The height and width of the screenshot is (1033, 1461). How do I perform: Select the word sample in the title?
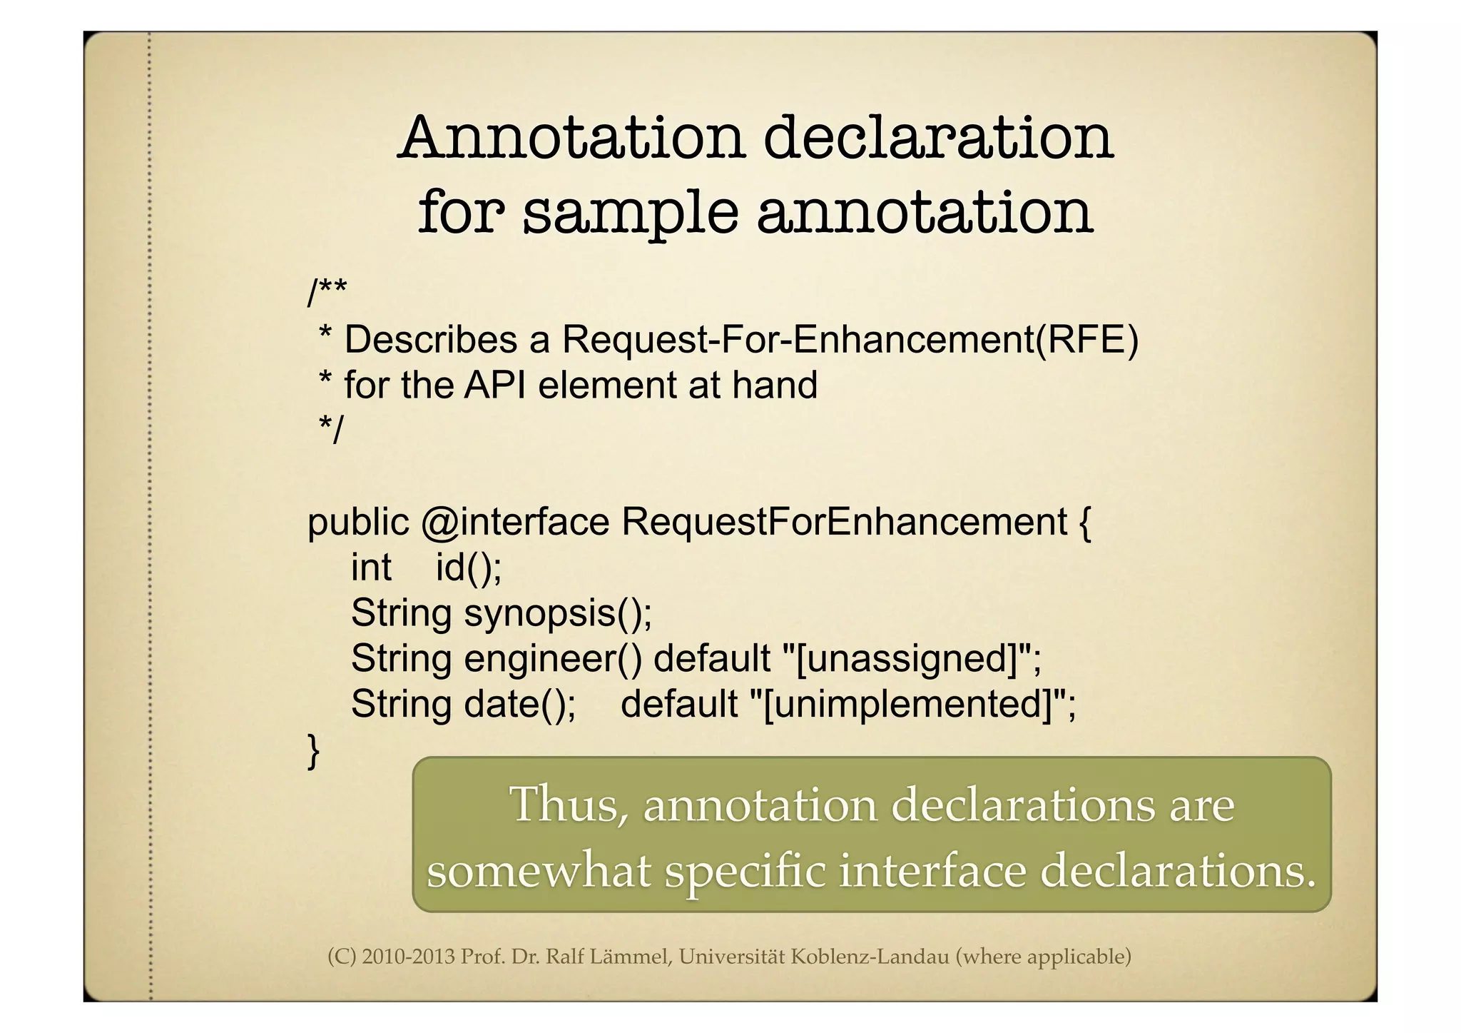[631, 213]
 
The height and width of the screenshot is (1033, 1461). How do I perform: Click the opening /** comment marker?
[327, 291]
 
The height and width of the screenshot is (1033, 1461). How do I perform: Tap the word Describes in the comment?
[431, 339]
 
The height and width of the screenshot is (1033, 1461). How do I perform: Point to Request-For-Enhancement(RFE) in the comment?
[850, 339]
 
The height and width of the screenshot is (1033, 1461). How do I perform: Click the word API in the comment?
[495, 385]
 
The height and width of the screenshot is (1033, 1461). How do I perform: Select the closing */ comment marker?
[331, 430]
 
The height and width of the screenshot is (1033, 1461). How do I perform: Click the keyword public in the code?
[358, 522]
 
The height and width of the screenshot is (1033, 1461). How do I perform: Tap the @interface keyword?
[515, 522]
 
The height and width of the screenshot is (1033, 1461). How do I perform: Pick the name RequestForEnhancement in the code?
[844, 522]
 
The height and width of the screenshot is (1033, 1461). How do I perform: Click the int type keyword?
[371, 568]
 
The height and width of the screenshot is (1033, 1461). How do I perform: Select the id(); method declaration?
[469, 568]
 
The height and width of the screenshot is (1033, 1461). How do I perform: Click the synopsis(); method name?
[558, 613]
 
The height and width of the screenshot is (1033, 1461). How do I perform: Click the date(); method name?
[520, 704]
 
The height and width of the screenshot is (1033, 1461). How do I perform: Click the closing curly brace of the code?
[313, 750]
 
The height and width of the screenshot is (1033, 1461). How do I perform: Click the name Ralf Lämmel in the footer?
[609, 957]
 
